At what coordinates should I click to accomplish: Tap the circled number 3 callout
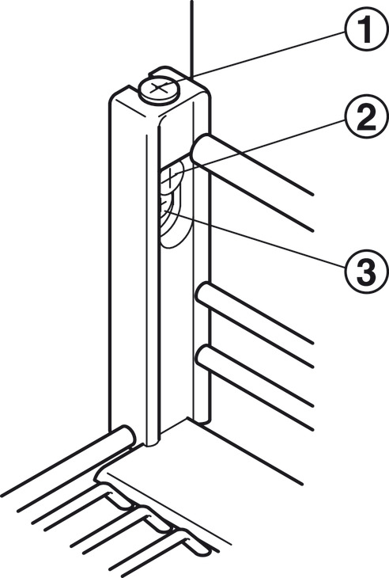click(367, 272)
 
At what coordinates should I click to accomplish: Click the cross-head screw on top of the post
click(159, 89)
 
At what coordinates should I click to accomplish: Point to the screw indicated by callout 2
click(171, 177)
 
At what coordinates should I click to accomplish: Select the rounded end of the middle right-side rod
click(203, 295)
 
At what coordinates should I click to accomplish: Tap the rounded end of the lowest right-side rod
click(203, 358)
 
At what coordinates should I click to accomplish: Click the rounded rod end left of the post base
click(127, 437)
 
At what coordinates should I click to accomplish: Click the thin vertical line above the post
click(191, 38)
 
